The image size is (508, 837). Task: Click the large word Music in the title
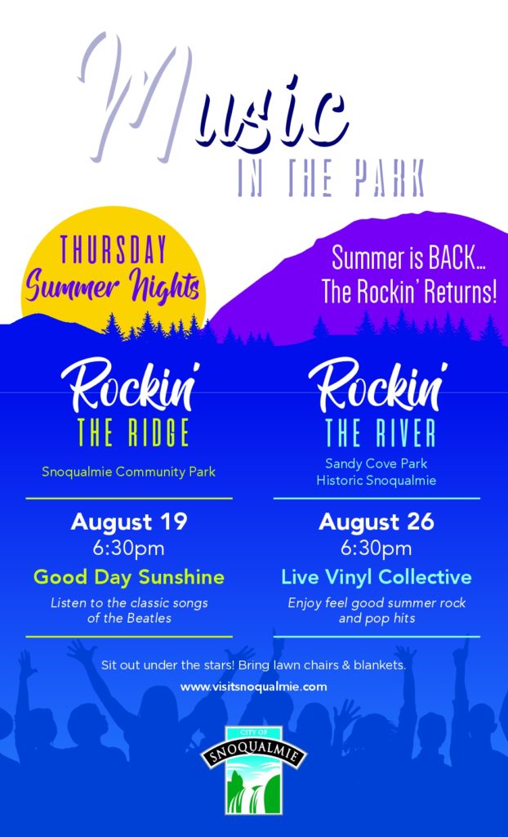coord(213,99)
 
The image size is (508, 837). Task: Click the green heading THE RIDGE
coord(133,432)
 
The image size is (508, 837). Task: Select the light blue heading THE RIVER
coord(380,432)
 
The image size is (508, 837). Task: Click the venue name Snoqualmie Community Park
coord(128,472)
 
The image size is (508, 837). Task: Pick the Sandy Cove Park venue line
coord(377,463)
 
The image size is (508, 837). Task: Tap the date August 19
coord(128,521)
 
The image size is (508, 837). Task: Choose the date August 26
coord(377,521)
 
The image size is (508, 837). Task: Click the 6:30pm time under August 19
coord(128,548)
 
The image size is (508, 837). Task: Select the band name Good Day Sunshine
coord(128,577)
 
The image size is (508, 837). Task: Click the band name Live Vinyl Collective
coord(377,577)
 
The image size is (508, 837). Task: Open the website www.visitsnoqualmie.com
coord(253,687)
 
